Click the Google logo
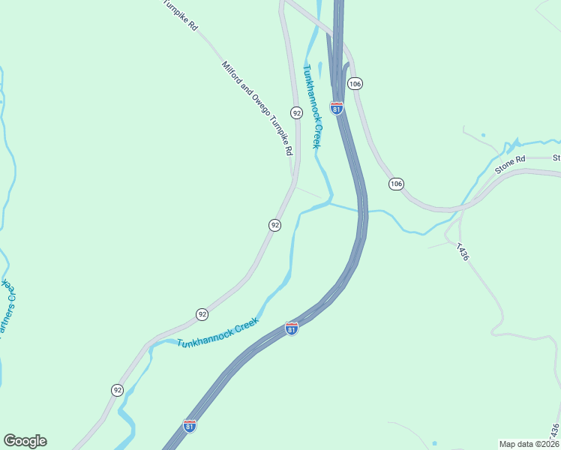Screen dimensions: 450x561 (25, 441)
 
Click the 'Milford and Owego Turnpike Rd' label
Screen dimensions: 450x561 (256, 108)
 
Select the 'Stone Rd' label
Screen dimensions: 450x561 (511, 164)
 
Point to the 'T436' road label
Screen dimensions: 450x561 (462, 252)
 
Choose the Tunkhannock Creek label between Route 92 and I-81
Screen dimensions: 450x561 (218, 332)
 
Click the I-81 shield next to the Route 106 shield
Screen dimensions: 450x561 (337, 109)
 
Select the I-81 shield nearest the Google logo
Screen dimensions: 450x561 (190, 426)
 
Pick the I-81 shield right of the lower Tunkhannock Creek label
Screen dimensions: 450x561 (291, 328)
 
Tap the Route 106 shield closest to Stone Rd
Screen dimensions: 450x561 (395, 184)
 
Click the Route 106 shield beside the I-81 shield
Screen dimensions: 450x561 (355, 83)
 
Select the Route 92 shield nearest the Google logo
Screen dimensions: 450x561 (118, 390)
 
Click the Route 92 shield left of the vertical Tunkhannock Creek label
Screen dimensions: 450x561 (297, 113)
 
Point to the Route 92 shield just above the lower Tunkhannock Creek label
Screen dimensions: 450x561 (202, 314)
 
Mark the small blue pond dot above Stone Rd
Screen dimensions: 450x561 (483, 135)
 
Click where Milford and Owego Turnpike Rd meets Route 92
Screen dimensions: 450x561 (293, 178)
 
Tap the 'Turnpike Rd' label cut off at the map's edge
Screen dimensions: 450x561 (182, 14)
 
